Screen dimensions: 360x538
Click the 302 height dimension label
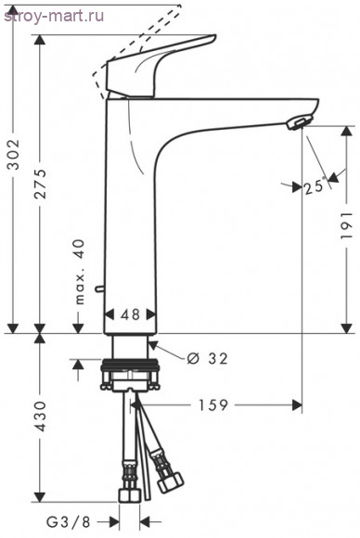click(x=14, y=154)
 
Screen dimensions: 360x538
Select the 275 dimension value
click(x=41, y=184)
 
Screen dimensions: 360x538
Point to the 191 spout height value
click(x=347, y=225)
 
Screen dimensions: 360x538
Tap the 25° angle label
click(x=314, y=186)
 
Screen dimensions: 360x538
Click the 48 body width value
click(x=131, y=314)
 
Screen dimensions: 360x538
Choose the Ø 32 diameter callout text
click(x=207, y=359)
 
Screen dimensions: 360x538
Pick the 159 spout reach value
click(x=213, y=404)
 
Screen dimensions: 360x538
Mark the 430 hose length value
click(x=41, y=416)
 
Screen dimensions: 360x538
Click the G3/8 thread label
click(x=69, y=522)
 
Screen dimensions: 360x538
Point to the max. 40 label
click(x=80, y=272)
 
